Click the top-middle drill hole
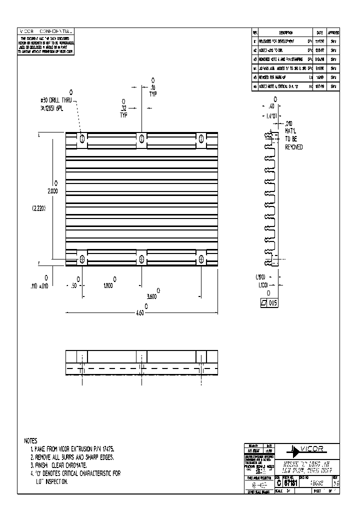pyautogui.click(x=141, y=137)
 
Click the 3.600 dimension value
pyautogui.click(x=153, y=296)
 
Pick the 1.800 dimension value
pyautogui.click(x=108, y=285)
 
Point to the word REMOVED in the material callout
pyautogui.click(x=293, y=147)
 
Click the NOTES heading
pyautogui.click(x=30, y=441)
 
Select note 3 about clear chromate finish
pyautogui.click(x=58, y=465)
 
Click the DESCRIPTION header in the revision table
pyautogui.click(x=282, y=32)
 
